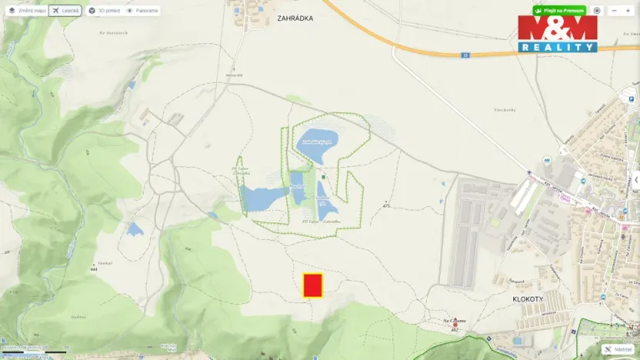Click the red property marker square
tap(312, 285)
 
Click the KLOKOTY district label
tap(528, 296)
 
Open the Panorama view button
tap(142, 11)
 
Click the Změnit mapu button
tap(27, 11)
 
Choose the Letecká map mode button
tap(66, 11)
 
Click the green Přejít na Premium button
tap(559, 11)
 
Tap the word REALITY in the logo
tap(558, 47)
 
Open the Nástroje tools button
tap(619, 349)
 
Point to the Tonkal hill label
tap(105, 263)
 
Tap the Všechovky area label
tap(504, 110)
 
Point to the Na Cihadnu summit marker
tap(455, 325)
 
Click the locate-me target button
tap(597, 11)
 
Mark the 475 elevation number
tap(387, 205)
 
